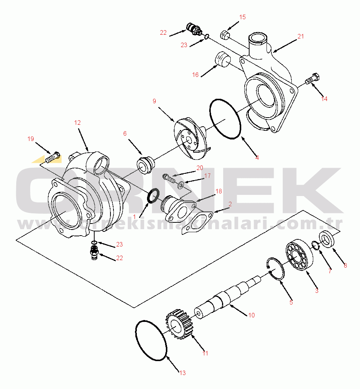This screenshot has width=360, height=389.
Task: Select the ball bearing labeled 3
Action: (299, 255)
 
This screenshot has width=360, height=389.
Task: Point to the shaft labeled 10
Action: (227, 297)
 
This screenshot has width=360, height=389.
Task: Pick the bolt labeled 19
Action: (53, 157)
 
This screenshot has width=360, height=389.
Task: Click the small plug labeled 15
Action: (225, 34)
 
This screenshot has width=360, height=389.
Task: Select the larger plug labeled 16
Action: (222, 60)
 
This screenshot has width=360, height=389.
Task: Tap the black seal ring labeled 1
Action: (153, 195)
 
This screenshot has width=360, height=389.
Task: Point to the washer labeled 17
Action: (181, 184)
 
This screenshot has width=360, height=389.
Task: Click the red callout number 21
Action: (300, 37)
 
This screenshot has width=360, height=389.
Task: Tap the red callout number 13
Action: (182, 373)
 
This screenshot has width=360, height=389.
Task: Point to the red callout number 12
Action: (77, 123)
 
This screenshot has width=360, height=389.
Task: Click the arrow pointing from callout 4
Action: (250, 146)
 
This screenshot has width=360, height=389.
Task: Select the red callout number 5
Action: (291, 302)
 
